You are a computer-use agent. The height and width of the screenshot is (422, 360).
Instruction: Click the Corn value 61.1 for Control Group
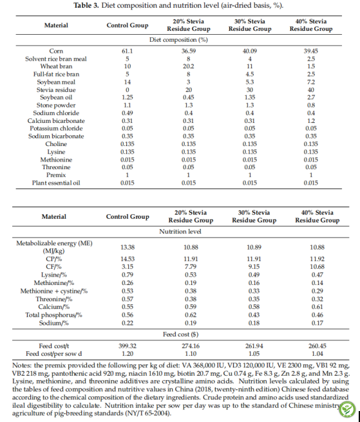(x=127, y=51)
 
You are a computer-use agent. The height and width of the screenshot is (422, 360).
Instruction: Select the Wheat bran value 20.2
(x=188, y=66)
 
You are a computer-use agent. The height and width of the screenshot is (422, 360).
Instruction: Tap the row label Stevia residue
(x=56, y=89)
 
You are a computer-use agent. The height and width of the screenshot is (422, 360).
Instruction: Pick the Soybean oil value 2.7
(x=311, y=97)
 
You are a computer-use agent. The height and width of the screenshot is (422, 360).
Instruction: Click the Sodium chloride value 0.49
(x=127, y=113)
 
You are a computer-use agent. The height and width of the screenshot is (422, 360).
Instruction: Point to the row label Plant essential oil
(x=56, y=183)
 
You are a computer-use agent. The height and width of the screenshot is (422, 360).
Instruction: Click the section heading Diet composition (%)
(x=178, y=40)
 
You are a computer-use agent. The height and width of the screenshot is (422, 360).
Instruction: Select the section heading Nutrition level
(x=180, y=232)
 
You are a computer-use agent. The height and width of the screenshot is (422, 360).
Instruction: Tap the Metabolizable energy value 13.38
(x=128, y=247)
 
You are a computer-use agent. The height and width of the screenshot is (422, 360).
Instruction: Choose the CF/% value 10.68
(x=317, y=266)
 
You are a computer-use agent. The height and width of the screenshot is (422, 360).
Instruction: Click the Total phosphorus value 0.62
(x=191, y=315)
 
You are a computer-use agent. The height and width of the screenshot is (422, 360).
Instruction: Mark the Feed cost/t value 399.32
(x=128, y=346)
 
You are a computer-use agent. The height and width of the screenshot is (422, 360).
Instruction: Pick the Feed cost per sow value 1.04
(x=317, y=354)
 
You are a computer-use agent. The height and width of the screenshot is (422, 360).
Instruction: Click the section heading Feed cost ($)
(x=180, y=335)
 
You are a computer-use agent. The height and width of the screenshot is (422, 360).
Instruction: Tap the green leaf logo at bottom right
(x=347, y=409)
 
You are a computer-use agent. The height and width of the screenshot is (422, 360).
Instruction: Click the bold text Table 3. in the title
(x=86, y=5)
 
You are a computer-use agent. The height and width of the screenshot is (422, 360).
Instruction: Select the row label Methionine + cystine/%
(x=54, y=291)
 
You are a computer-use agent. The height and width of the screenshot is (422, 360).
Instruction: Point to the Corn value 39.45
(x=311, y=51)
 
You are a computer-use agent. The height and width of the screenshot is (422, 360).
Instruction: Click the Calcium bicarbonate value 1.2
(x=311, y=120)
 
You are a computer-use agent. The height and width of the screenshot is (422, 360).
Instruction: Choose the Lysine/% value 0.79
(x=128, y=275)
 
